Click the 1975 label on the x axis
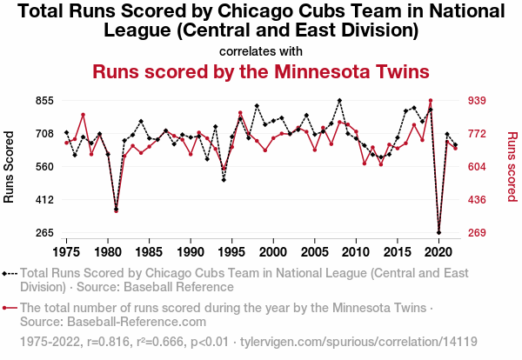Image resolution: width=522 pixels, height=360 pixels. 66,252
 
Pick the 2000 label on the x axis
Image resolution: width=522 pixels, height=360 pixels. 273,252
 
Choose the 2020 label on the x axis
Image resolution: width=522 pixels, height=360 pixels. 438,252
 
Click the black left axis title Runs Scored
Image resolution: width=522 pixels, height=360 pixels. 10,167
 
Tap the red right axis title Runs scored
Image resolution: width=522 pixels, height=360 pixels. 512,167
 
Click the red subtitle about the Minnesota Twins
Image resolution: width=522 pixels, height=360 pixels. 261,71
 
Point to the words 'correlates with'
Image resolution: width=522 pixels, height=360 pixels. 261,50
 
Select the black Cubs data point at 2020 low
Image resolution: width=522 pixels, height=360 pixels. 438,232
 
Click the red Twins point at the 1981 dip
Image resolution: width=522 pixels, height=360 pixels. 116,211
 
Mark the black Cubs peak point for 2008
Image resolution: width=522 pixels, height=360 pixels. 339,101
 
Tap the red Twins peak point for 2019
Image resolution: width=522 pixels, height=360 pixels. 431,101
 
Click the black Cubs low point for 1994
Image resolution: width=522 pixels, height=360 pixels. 224,180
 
